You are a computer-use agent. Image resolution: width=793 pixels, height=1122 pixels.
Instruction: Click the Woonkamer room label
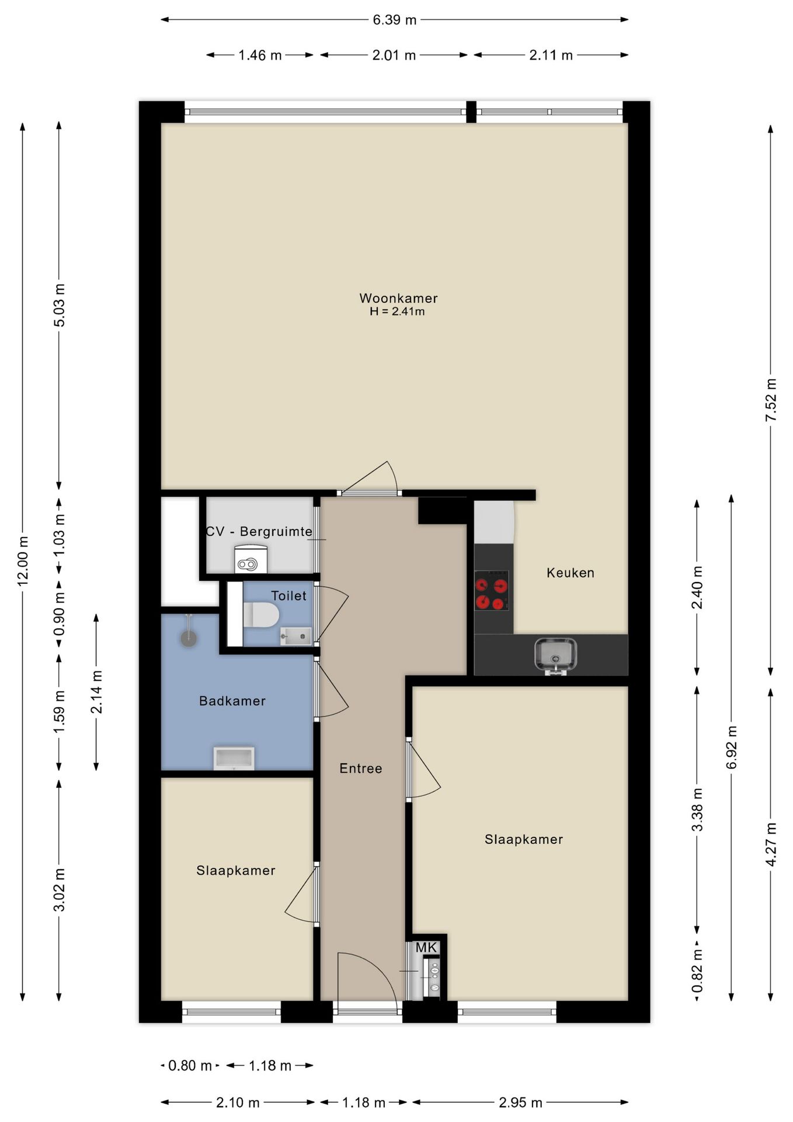point(398,298)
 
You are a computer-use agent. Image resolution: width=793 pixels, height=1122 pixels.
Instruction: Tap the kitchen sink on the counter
point(555,655)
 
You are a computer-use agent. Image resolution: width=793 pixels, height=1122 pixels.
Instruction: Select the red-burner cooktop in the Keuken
point(491,590)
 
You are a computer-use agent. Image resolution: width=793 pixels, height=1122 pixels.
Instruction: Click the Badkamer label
point(232,701)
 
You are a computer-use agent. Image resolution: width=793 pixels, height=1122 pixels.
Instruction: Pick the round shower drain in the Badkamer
point(189,638)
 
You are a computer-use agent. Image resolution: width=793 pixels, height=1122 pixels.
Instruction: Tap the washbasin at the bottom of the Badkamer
point(234,758)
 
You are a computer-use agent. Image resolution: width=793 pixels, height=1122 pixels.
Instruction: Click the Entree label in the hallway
point(361,768)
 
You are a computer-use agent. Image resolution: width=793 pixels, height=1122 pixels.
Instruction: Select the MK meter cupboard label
point(426,947)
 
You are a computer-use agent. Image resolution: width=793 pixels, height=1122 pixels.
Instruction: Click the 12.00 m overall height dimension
point(23,561)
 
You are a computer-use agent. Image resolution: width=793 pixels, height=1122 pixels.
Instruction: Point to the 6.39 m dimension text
point(395,20)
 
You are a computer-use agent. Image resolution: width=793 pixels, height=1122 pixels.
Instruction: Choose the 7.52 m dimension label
point(771,400)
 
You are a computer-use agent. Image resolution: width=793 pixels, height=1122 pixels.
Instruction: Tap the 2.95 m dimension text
point(520,1102)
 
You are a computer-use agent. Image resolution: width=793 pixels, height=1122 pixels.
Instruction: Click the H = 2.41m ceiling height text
point(397,311)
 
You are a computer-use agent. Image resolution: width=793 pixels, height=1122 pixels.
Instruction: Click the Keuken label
point(571,573)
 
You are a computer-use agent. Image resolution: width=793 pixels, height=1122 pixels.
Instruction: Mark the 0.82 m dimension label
point(697,971)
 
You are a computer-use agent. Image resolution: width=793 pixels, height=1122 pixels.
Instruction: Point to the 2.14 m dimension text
point(96,692)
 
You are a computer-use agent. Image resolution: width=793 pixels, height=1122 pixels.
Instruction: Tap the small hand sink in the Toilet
point(295,636)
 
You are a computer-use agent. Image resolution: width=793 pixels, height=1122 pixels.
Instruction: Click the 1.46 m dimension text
point(260,55)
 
